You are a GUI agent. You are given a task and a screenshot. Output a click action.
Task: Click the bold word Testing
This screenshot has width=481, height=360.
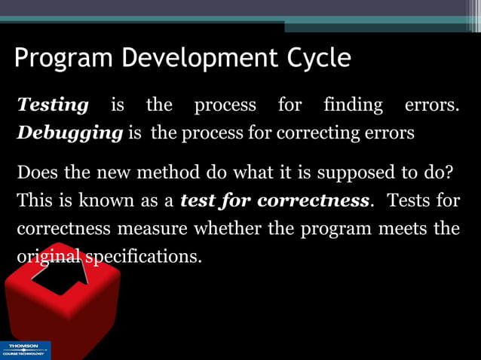[53, 105]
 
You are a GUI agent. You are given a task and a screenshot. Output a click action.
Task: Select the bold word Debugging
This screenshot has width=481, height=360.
[69, 133]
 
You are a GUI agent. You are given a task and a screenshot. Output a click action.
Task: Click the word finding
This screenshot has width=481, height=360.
[353, 105]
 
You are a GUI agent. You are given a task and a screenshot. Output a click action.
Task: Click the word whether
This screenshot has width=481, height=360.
[224, 228]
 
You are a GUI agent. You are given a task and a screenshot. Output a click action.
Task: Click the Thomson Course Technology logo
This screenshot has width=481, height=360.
[25, 350]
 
